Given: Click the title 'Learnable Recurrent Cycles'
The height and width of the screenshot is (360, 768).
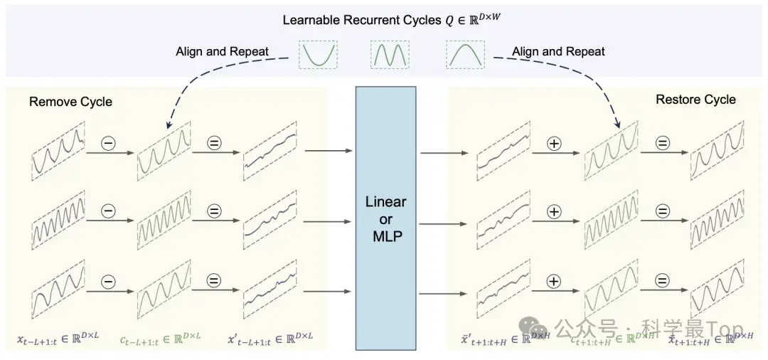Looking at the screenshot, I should coord(363,20).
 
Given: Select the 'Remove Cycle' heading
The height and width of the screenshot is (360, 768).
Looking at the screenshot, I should coord(70,102).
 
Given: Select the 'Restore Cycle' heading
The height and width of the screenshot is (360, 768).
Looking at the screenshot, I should coord(695,99).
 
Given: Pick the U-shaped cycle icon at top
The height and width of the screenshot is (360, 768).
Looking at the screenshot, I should coord(317,54).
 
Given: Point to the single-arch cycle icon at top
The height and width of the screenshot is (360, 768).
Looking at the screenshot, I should coord(465,54).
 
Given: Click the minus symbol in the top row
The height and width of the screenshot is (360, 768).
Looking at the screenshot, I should coord(110,142).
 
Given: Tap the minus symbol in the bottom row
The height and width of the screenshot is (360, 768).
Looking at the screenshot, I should coord(110,281).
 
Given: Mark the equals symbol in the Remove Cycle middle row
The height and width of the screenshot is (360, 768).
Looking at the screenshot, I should coord(215,211).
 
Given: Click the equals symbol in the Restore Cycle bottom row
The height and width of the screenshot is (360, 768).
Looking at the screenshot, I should coord(663,282).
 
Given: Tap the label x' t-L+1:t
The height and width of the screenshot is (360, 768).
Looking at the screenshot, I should coord(270,335).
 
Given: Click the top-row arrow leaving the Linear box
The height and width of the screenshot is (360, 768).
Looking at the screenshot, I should coord(439,152).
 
